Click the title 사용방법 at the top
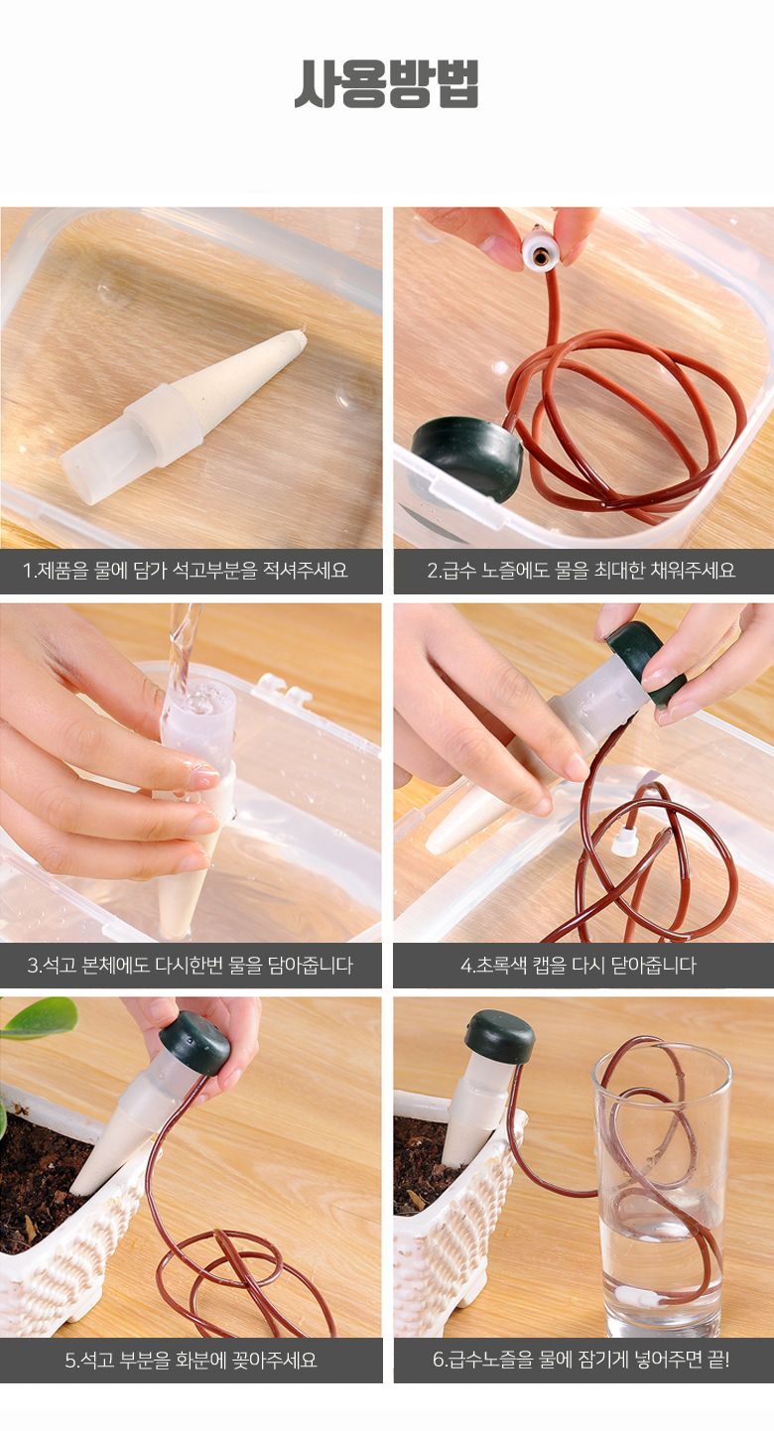386,83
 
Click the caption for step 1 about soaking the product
186,570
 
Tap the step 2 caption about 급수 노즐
581,570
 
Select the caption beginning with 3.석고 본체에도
190,965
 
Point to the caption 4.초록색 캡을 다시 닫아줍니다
579,965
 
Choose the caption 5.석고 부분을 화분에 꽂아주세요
191,1361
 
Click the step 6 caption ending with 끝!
581,1361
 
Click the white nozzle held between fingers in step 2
541,251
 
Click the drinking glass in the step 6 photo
662,1187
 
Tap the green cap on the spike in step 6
499,1036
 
